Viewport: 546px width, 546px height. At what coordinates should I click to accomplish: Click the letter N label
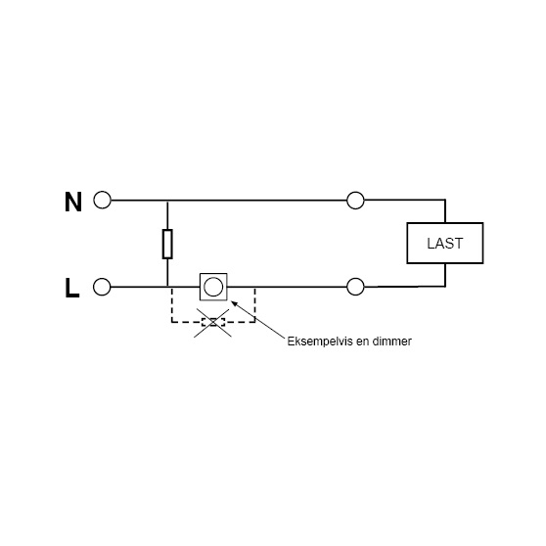73,202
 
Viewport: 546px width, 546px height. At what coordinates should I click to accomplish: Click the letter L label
72,288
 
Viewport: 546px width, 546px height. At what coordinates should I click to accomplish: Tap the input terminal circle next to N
102,200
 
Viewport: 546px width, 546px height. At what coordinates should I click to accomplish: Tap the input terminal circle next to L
102,287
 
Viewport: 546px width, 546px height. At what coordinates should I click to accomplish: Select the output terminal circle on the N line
355,201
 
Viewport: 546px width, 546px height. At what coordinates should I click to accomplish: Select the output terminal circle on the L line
355,287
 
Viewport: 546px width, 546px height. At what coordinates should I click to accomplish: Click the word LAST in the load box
444,244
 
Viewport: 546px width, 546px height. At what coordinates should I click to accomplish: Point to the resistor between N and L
167,244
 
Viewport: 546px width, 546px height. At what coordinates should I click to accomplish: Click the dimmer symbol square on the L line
213,287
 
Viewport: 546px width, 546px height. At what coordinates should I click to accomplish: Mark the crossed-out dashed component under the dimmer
213,322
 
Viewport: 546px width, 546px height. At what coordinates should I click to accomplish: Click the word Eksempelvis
320,341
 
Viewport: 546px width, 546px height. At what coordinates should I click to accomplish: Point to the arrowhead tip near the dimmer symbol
232,301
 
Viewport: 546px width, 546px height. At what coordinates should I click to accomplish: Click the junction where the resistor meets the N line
167,201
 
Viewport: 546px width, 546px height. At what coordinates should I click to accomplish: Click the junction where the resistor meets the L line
167,287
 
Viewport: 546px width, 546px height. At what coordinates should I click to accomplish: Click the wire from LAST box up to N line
445,211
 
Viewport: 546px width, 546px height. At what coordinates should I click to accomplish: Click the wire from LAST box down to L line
445,275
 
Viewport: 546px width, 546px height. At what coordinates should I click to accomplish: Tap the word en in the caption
362,342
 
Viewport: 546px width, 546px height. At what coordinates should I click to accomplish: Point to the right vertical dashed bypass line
254,304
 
